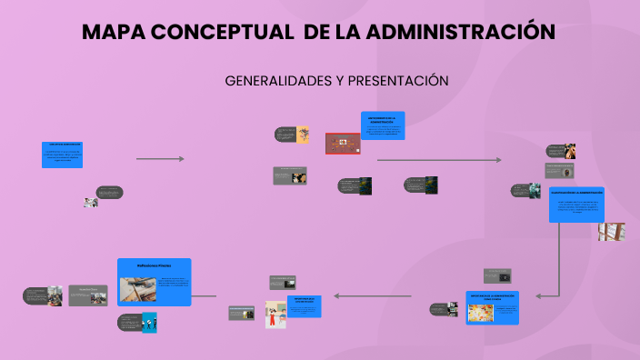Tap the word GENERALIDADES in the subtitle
(277, 81)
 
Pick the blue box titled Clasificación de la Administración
(576, 204)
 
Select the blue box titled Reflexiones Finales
(154, 281)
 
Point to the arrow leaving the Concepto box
(160, 159)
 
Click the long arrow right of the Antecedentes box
(438, 160)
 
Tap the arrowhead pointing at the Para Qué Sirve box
(539, 295)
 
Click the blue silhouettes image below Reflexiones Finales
(149, 322)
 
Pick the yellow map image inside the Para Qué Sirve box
(479, 313)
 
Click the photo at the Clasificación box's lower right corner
(611, 231)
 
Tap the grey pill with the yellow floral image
(292, 135)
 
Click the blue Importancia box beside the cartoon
(305, 305)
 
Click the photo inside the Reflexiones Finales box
(137, 289)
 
